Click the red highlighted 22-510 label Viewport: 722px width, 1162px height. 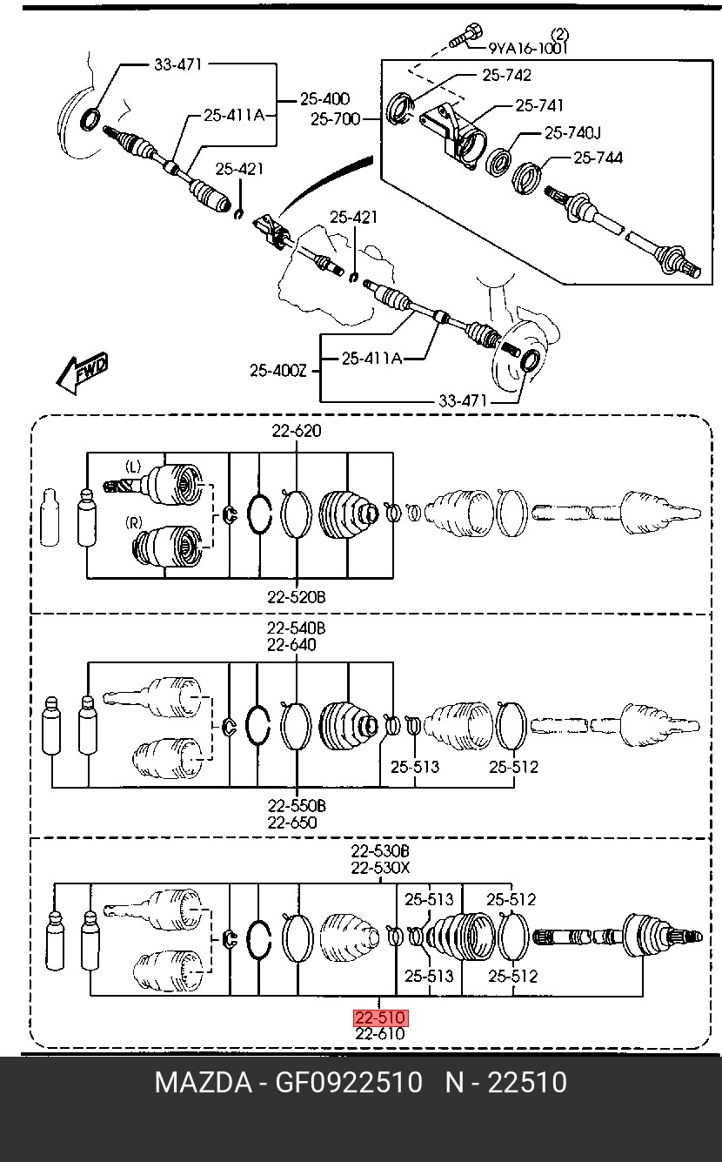coord(381,1018)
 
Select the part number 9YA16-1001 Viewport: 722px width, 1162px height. coord(528,48)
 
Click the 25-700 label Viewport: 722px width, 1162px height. coord(336,119)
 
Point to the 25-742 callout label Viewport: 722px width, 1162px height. coord(507,75)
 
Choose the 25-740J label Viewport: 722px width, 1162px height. coord(572,133)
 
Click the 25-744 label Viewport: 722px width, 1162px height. coord(598,158)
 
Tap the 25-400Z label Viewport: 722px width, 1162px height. coord(278,371)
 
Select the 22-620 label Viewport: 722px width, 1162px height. coord(297,431)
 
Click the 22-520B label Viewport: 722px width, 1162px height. coord(297,597)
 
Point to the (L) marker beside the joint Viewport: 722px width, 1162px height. coord(133,467)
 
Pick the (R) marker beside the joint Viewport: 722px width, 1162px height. coord(134,522)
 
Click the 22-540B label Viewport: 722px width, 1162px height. coord(297,628)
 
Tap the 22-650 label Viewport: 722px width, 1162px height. coord(292,823)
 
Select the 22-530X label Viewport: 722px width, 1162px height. coord(380,867)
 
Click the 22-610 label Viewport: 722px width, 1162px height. coord(380,1034)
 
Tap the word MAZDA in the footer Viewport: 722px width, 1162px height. coord(204,1083)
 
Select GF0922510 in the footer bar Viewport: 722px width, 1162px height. coord(348,1083)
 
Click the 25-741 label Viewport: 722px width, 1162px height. coord(539,106)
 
